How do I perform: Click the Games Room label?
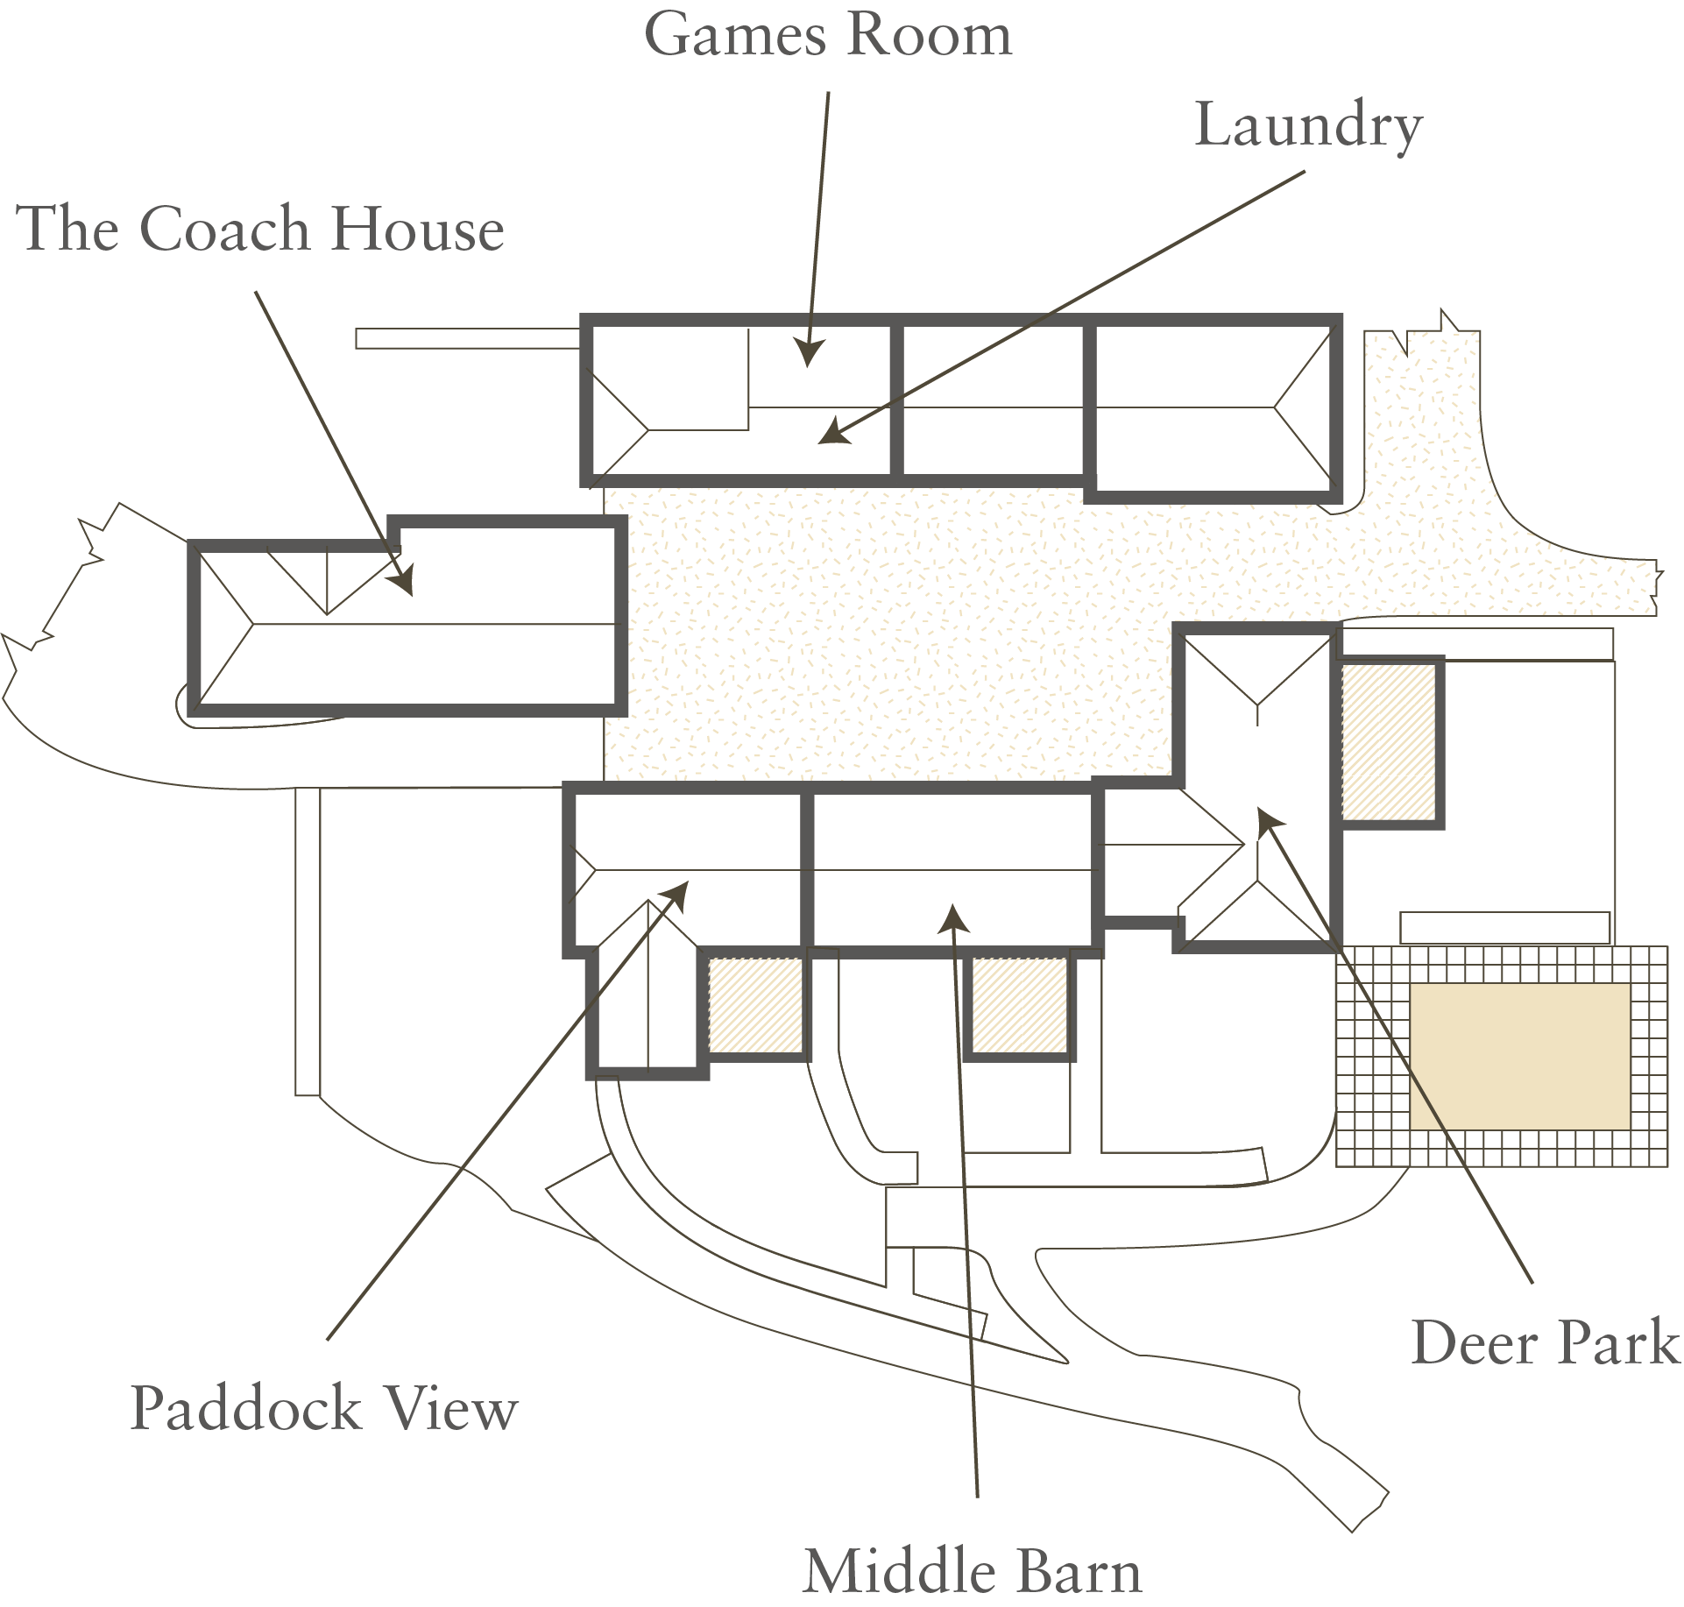[828, 35]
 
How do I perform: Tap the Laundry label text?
[1308, 127]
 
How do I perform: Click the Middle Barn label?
[973, 1571]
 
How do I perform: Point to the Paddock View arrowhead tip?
[688, 882]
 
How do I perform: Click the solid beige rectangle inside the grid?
[1519, 1056]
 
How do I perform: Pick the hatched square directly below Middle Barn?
[1020, 1004]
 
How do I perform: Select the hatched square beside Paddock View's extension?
[755, 1004]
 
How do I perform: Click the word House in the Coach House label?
[418, 229]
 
